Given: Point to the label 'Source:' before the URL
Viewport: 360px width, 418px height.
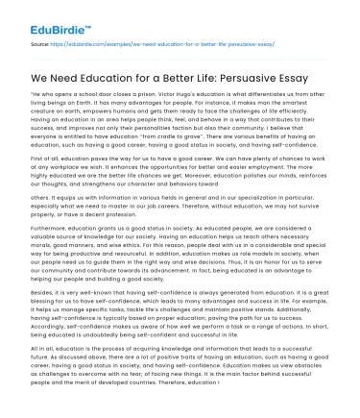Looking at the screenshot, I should click(x=40, y=43).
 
